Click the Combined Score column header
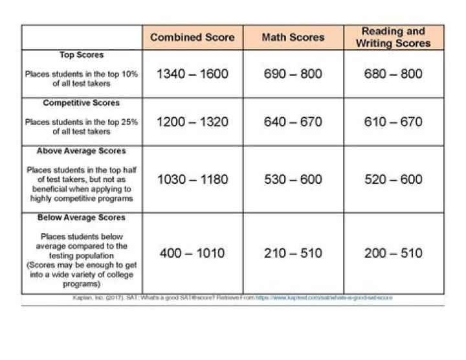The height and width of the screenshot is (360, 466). coord(192,37)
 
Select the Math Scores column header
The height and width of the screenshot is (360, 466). coord(293,37)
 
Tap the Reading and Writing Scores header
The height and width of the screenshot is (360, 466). coord(393,37)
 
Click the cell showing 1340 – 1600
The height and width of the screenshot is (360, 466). coord(192,74)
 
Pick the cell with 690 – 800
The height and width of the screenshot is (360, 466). coord(293,74)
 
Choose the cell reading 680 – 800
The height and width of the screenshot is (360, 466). coord(393,74)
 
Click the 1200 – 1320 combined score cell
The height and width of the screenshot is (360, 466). coord(192,122)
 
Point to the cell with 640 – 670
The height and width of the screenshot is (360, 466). coord(293,122)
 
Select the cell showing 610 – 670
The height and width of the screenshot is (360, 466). coord(393,122)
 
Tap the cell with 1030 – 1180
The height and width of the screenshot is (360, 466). coord(192,179)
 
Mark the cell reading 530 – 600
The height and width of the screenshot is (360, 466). coord(293,179)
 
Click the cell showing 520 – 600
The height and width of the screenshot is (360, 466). coord(393,179)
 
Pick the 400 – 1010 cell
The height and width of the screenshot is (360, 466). coord(192,253)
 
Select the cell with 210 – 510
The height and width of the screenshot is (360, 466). coord(293,253)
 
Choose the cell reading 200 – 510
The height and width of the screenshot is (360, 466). coord(393,253)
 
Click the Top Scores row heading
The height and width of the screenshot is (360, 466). coord(82,56)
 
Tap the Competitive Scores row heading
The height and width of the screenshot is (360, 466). coord(82,104)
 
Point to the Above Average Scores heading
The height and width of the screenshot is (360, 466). coord(82,152)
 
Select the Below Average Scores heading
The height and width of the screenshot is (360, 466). coord(82,218)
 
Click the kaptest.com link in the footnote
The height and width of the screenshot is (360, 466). coord(323,298)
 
